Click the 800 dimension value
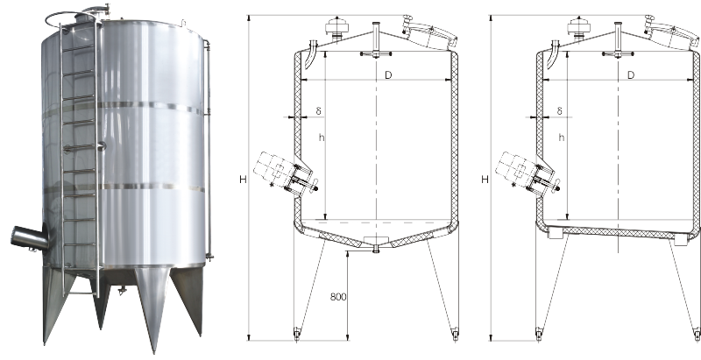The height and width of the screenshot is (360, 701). click(x=338, y=297)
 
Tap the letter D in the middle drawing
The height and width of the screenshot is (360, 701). click(x=388, y=75)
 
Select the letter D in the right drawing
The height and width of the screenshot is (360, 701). click(x=631, y=75)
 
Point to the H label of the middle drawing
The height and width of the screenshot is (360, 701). click(x=243, y=180)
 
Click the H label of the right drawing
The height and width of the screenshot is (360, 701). click(x=485, y=180)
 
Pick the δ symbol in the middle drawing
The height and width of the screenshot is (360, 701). click(x=318, y=110)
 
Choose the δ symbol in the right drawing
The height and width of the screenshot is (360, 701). click(x=560, y=110)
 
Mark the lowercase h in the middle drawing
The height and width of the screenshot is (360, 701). click(x=321, y=138)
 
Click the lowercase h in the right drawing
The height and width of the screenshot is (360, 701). click(x=562, y=138)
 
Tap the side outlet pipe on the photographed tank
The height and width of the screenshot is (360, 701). click(x=30, y=238)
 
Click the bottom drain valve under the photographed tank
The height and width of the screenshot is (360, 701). click(x=121, y=291)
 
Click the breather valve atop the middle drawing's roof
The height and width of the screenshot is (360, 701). click(x=336, y=27)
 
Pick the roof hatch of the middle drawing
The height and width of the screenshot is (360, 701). click(x=429, y=32)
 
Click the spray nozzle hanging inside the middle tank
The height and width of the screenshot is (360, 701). click(x=376, y=54)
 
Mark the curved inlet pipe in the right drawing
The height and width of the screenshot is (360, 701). click(x=552, y=54)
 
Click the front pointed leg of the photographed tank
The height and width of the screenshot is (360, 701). click(x=152, y=308)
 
